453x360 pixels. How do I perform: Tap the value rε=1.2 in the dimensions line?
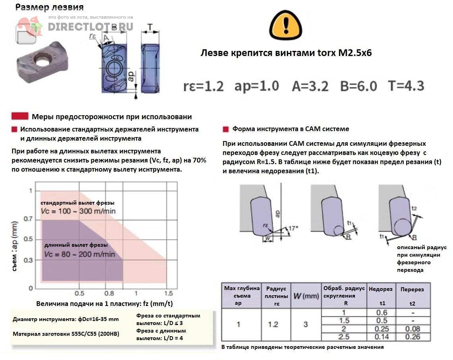(203, 86)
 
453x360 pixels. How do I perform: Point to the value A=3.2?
(310, 86)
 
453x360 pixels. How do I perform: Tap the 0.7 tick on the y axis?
(27, 219)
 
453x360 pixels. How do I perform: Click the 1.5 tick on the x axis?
(168, 293)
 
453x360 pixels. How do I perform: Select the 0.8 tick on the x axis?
(109, 293)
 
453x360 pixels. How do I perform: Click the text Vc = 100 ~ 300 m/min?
(78, 211)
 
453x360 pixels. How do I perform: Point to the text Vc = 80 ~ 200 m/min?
(79, 254)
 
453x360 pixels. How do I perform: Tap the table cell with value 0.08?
(412, 329)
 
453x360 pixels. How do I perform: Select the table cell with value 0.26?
(412, 337)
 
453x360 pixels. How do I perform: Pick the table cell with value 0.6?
(381, 313)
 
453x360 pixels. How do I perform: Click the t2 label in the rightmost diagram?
(414, 209)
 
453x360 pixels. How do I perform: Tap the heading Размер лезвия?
(50, 7)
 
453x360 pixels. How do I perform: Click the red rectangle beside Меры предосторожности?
(20, 116)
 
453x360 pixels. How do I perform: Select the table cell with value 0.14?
(381, 337)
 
